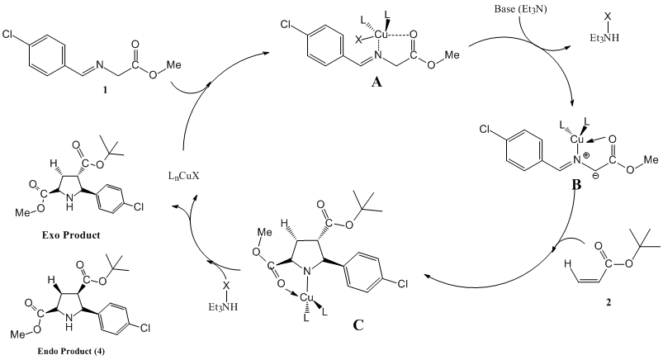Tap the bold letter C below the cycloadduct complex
pos(358,324)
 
